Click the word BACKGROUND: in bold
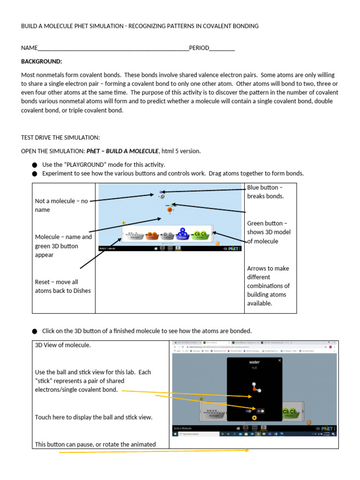coord(41,61)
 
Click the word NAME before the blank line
coord(29,48)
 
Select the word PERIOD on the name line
coord(199,48)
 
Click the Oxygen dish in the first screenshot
coord(152,235)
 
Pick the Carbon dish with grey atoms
coord(167,235)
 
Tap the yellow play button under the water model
coord(254,418)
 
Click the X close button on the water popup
coord(293,360)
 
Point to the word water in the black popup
coord(254,362)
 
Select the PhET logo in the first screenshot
coord(232,249)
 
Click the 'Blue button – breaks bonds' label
coord(265,192)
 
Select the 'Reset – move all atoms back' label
coord(63,286)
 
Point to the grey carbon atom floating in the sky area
coord(162,196)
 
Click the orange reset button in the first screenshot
coord(217,243)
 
